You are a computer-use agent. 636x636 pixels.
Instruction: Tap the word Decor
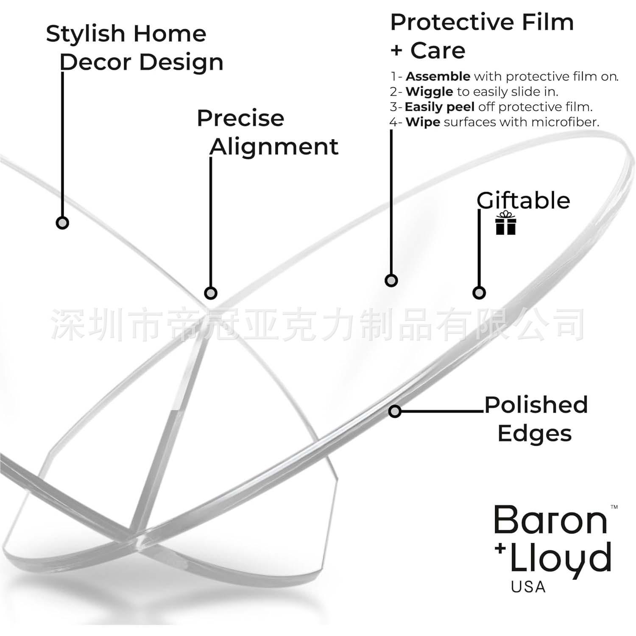(95, 62)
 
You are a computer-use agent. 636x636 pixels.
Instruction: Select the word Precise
(240, 118)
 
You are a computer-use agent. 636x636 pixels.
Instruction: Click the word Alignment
(274, 147)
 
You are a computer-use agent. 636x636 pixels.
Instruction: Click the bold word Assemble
(438, 76)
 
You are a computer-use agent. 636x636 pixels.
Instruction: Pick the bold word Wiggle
(429, 92)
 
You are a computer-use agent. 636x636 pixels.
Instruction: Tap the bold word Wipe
(423, 122)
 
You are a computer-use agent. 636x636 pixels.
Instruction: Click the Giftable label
(523, 201)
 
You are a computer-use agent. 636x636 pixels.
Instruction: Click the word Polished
(536, 405)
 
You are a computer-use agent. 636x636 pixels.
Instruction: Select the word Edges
(534, 433)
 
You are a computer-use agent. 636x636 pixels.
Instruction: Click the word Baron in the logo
(550, 520)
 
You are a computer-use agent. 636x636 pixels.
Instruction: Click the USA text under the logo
(528, 587)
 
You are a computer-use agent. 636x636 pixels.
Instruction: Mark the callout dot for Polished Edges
(395, 411)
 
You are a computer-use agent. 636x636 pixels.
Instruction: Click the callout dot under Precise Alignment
(211, 293)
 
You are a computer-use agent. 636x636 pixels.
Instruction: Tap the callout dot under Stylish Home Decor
(62, 223)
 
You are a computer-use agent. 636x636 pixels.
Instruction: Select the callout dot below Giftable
(479, 293)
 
